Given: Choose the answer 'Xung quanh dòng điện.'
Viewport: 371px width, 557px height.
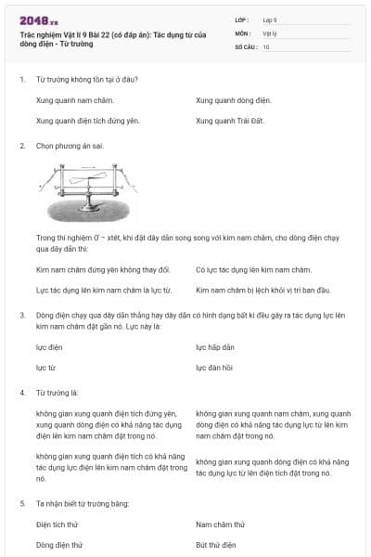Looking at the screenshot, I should (x=234, y=99).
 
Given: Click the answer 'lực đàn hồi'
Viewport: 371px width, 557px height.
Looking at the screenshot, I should (x=214, y=368).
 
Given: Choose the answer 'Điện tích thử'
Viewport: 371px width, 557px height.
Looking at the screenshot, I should (x=61, y=525).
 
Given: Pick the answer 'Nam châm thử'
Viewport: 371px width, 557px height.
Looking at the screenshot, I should (x=220, y=525).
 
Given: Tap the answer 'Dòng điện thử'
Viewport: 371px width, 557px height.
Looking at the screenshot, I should (x=60, y=545).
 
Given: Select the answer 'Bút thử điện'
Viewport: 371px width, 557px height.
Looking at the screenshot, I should (x=216, y=545).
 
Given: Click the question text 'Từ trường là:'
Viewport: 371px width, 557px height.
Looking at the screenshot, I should (x=55, y=393).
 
